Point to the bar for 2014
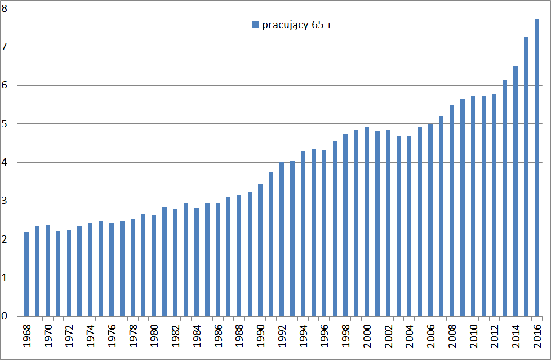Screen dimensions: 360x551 [x=516, y=192]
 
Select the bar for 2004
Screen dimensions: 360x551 [x=410, y=226]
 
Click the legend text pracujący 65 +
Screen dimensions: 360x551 [x=296, y=25]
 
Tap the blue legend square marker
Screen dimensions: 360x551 [x=255, y=25]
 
